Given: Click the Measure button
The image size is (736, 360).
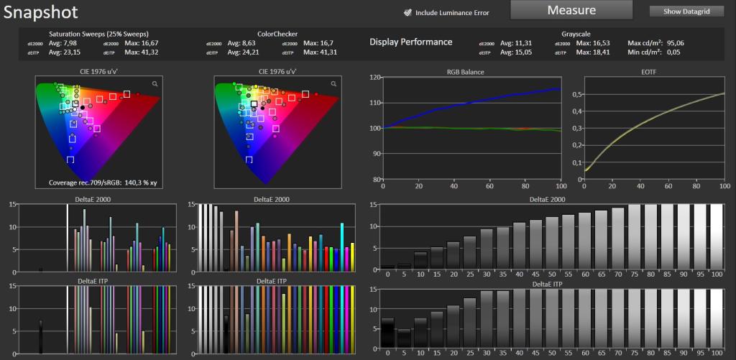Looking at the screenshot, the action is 571,10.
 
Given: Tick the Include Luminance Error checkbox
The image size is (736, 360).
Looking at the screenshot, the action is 408,13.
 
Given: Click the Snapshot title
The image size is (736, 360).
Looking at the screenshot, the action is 41,12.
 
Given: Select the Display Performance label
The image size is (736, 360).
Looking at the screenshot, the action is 410,42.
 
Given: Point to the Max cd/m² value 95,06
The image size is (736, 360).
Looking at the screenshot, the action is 673,43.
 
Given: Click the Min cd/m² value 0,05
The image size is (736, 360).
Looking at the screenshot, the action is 671,52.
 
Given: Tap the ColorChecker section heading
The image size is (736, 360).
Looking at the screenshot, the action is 277,34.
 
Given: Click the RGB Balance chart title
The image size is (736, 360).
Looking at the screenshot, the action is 465,73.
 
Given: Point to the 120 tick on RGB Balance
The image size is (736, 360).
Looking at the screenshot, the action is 375,78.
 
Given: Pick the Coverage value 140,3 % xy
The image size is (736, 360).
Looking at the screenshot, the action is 144,182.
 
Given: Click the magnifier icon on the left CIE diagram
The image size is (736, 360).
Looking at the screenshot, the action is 155,84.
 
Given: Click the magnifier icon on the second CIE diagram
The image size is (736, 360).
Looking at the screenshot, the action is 333,84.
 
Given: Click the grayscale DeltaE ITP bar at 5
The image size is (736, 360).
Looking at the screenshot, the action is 404,340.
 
